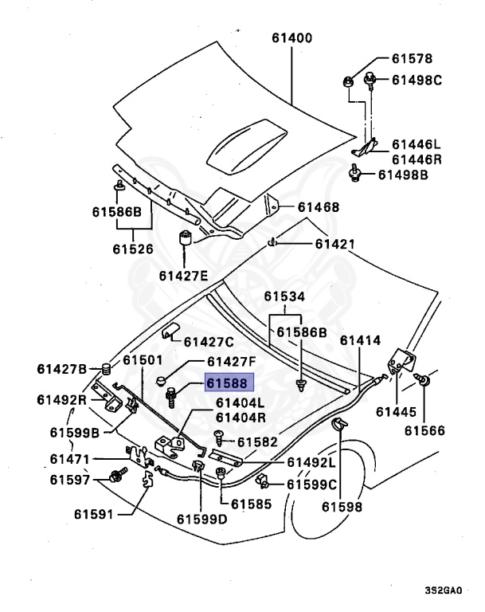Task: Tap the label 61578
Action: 411,59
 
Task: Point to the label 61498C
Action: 417,80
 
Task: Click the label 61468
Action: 319,207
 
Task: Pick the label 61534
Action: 284,297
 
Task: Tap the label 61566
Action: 424,431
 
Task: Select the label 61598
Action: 342,506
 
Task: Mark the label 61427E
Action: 182,276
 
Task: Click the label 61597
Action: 69,480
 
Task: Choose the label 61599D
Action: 201,519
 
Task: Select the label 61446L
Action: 416,144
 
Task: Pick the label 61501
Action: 143,361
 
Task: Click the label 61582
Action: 256,441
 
